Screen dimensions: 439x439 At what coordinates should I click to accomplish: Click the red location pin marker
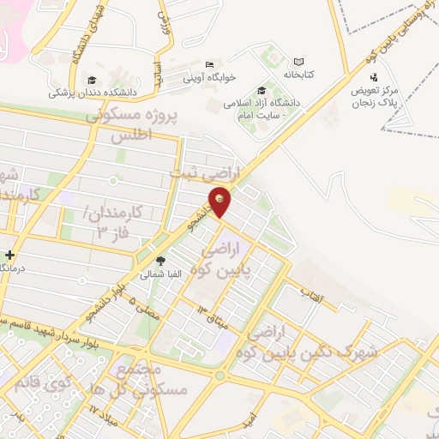[x=220, y=201]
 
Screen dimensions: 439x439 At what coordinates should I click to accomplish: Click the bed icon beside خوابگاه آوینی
[x=210, y=65]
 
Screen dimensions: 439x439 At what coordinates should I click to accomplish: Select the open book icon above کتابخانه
[x=298, y=62]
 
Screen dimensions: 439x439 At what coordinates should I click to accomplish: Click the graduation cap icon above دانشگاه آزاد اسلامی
[x=261, y=91]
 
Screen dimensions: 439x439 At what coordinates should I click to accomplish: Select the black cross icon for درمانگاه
[x=9, y=255]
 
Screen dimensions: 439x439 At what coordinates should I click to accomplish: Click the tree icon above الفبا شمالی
[x=159, y=261]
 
